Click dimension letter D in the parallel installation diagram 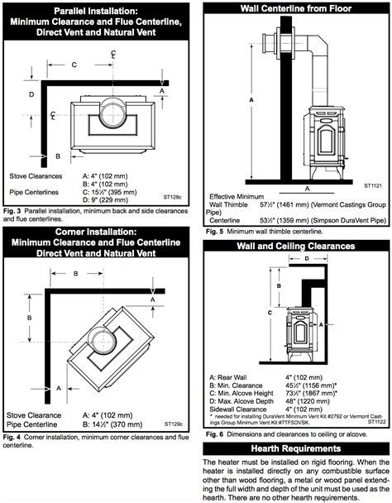coord(31,93)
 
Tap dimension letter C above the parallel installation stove coord(74,64)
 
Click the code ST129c coord(173,423)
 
